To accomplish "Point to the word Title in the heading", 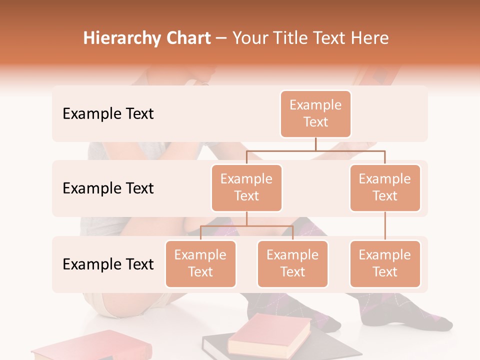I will coord(295,38).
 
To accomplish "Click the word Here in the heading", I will coord(370,38).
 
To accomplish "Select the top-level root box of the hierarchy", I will coord(315,113).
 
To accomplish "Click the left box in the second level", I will coord(246,187).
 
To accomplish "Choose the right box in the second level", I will coord(385,187).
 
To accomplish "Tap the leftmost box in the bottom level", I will coord(200,263).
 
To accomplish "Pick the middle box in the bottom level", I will coord(292,263).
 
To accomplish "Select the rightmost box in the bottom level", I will coord(385,263).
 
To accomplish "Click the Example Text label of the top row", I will coord(108,113).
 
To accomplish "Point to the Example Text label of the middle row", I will coord(108,188).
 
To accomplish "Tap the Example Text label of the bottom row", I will coord(108,264).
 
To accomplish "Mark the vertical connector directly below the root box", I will coord(315,144).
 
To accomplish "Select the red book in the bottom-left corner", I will coord(90,347).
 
